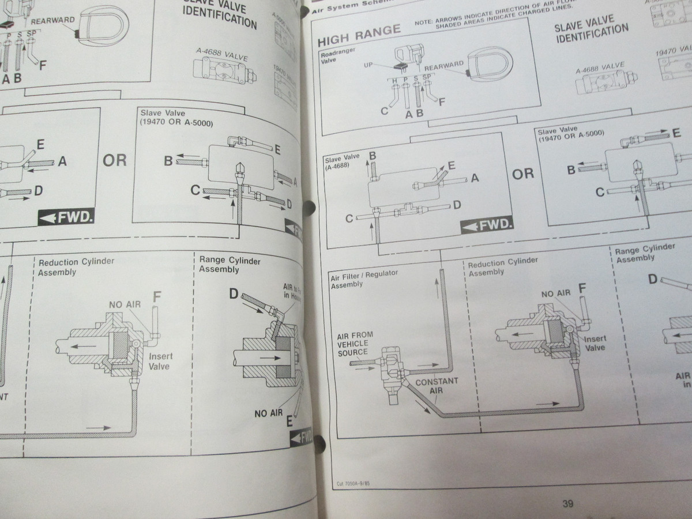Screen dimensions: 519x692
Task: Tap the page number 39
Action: pos(567,504)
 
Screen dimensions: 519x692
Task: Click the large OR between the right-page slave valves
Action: pos(522,173)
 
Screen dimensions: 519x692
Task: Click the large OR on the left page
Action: pos(114,160)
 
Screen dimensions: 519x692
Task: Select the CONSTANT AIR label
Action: pos(437,386)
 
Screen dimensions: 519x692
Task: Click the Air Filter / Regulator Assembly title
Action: pos(357,280)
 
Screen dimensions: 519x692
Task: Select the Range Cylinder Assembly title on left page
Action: pos(229,265)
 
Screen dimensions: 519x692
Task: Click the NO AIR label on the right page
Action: pos(555,294)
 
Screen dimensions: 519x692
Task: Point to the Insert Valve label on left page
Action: pos(160,361)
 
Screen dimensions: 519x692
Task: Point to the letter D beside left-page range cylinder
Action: pos(233,294)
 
